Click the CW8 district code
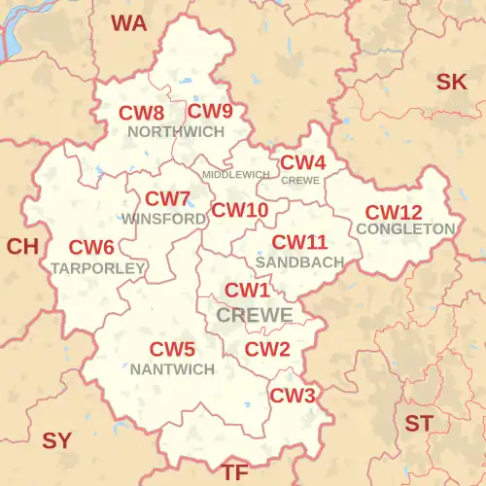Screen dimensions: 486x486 [141, 113]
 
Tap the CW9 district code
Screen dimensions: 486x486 [210, 111]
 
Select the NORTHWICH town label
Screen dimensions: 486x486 [175, 131]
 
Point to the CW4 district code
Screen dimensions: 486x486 [302, 162]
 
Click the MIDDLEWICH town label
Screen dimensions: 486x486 [235, 175]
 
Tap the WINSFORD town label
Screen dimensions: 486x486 [163, 219]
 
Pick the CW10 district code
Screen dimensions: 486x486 [240, 209]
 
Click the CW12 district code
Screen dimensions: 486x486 [393, 212]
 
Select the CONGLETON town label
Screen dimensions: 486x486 [405, 229]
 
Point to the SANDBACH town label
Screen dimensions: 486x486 [299, 262]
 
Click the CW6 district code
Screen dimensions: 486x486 [91, 249]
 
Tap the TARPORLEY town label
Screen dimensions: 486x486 [98, 267]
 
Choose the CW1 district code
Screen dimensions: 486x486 [247, 291]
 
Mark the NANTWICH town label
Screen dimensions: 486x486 [172, 369]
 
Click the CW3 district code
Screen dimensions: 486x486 [293, 396]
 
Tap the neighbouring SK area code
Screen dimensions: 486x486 [451, 82]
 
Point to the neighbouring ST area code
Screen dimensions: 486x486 [419, 424]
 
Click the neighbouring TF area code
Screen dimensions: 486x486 [235, 472]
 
